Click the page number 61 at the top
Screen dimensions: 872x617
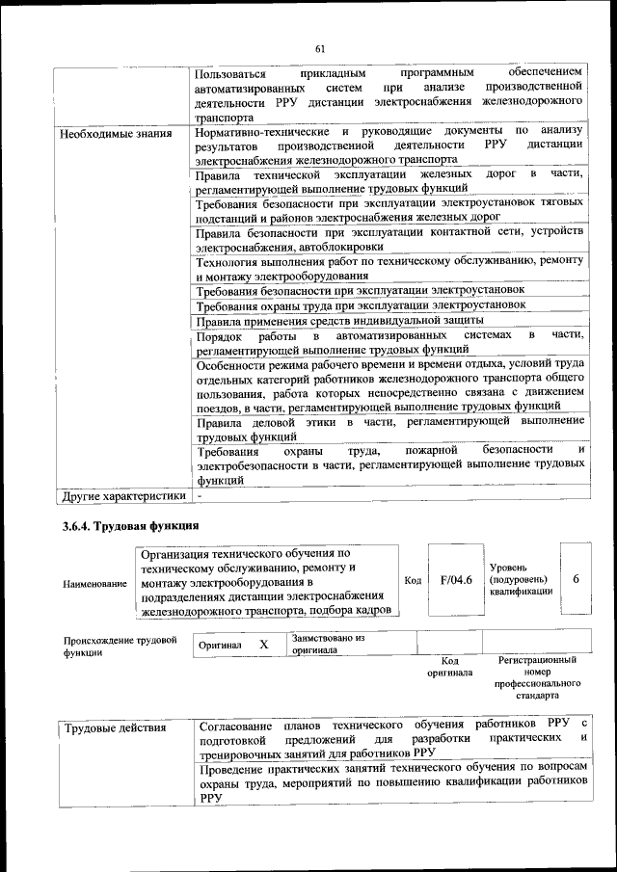coord(320,49)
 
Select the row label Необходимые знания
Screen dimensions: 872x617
coord(117,133)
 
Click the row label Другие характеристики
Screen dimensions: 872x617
coord(122,496)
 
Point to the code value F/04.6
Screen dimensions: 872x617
coord(455,580)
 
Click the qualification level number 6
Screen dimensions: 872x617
coord(576,579)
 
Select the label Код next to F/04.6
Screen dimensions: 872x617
coord(413,581)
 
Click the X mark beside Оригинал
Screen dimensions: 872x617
coord(262,644)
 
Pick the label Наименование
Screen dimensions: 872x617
coord(94,584)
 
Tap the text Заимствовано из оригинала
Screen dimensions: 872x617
coord(329,644)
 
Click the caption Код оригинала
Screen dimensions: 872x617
coord(448,666)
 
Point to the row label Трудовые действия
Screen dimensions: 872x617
coord(115,727)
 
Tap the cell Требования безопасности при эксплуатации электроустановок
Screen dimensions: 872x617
coord(359,289)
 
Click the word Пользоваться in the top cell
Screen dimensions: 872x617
coord(231,73)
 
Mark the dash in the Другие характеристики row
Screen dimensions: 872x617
coord(199,496)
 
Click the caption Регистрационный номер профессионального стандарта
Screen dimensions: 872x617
coord(537,678)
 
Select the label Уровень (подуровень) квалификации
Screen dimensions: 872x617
coord(522,580)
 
